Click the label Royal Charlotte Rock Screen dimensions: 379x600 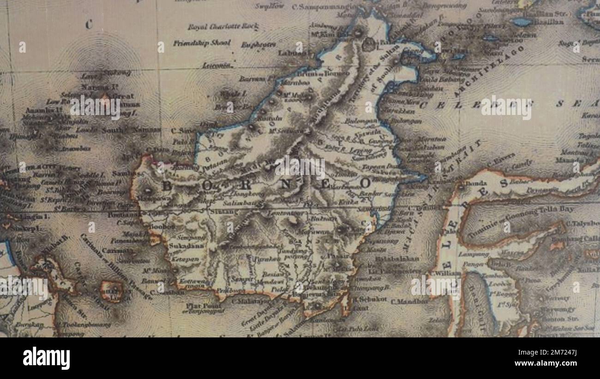click(x=216, y=27)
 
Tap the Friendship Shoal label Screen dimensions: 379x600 click(x=202, y=43)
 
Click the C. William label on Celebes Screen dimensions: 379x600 click(x=445, y=273)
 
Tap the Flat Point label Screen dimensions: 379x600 click(x=198, y=305)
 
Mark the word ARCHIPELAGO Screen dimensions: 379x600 click(x=489, y=70)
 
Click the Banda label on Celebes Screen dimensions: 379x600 click(x=473, y=183)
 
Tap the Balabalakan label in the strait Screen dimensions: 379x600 click(x=398, y=259)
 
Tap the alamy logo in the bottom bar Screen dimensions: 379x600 click(x=46, y=358)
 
